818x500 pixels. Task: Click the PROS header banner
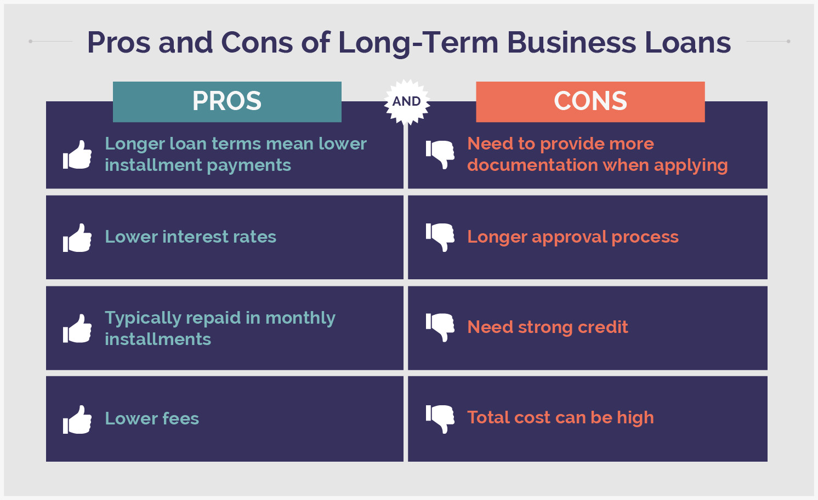click(x=227, y=101)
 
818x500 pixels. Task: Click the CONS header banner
click(x=590, y=101)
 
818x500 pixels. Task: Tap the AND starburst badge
click(x=406, y=101)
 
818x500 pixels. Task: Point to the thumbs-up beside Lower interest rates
click(x=77, y=238)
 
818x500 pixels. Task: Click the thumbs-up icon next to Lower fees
click(x=77, y=419)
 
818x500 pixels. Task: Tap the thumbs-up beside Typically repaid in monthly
click(x=77, y=329)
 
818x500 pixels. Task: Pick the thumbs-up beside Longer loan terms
click(x=77, y=155)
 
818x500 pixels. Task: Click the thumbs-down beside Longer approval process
click(x=440, y=237)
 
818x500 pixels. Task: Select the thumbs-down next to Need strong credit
click(x=440, y=327)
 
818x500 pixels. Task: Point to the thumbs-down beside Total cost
click(x=440, y=418)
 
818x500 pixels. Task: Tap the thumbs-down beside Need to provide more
click(x=440, y=154)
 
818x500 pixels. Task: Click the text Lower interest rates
click(x=190, y=237)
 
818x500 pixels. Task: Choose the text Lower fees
click(x=152, y=418)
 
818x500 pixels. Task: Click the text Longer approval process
click(x=572, y=237)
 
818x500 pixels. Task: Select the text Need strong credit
click(x=547, y=327)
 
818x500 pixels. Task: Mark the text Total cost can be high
click(x=560, y=417)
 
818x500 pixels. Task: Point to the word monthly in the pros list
click(x=300, y=318)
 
